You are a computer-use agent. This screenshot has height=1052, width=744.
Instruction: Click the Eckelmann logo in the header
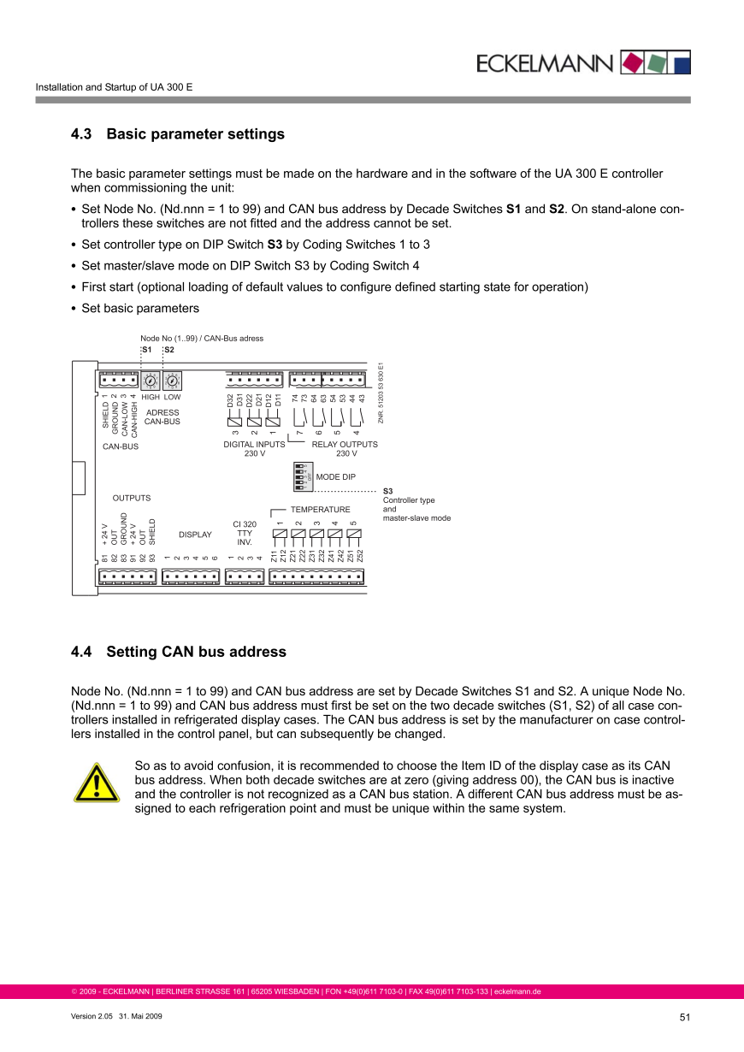[581, 62]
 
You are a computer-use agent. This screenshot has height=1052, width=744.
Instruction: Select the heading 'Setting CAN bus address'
[196, 652]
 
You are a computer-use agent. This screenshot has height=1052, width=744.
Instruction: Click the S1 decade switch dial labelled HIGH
[151, 381]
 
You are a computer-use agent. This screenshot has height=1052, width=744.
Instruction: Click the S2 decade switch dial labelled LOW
[172, 381]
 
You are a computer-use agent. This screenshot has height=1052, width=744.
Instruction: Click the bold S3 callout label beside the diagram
[387, 491]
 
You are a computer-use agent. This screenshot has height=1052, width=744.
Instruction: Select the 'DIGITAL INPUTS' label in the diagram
[254, 445]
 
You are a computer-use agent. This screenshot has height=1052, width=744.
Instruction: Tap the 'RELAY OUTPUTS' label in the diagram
[345, 445]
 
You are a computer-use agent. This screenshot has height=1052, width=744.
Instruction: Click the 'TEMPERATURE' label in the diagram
[321, 510]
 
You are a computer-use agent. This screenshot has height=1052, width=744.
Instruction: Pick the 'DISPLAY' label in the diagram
[195, 535]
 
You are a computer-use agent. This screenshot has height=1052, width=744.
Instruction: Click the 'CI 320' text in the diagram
[245, 524]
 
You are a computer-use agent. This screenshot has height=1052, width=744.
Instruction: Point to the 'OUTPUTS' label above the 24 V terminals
[132, 498]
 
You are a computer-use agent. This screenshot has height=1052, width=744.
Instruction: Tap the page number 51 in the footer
[684, 1017]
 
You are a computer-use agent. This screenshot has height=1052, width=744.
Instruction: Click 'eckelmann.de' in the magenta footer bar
[517, 992]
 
